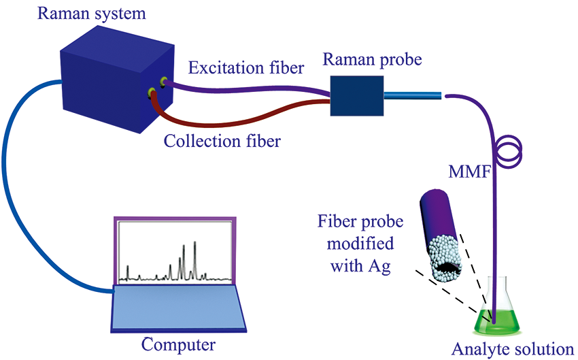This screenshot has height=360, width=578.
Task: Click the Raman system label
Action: coord(91,14)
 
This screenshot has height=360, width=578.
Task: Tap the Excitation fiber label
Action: coord(246,68)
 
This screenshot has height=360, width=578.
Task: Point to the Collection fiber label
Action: coord(222,142)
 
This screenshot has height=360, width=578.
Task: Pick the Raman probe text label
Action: coord(373,59)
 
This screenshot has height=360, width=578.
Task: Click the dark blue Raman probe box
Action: coord(357,96)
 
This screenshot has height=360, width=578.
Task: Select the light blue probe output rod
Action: coord(413,95)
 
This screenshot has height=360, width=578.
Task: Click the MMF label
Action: coord(470,171)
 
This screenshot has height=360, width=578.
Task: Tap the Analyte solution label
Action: coord(513,349)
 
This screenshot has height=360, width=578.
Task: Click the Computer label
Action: coord(178,345)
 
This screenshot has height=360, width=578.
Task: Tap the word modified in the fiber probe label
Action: coord(360,244)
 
